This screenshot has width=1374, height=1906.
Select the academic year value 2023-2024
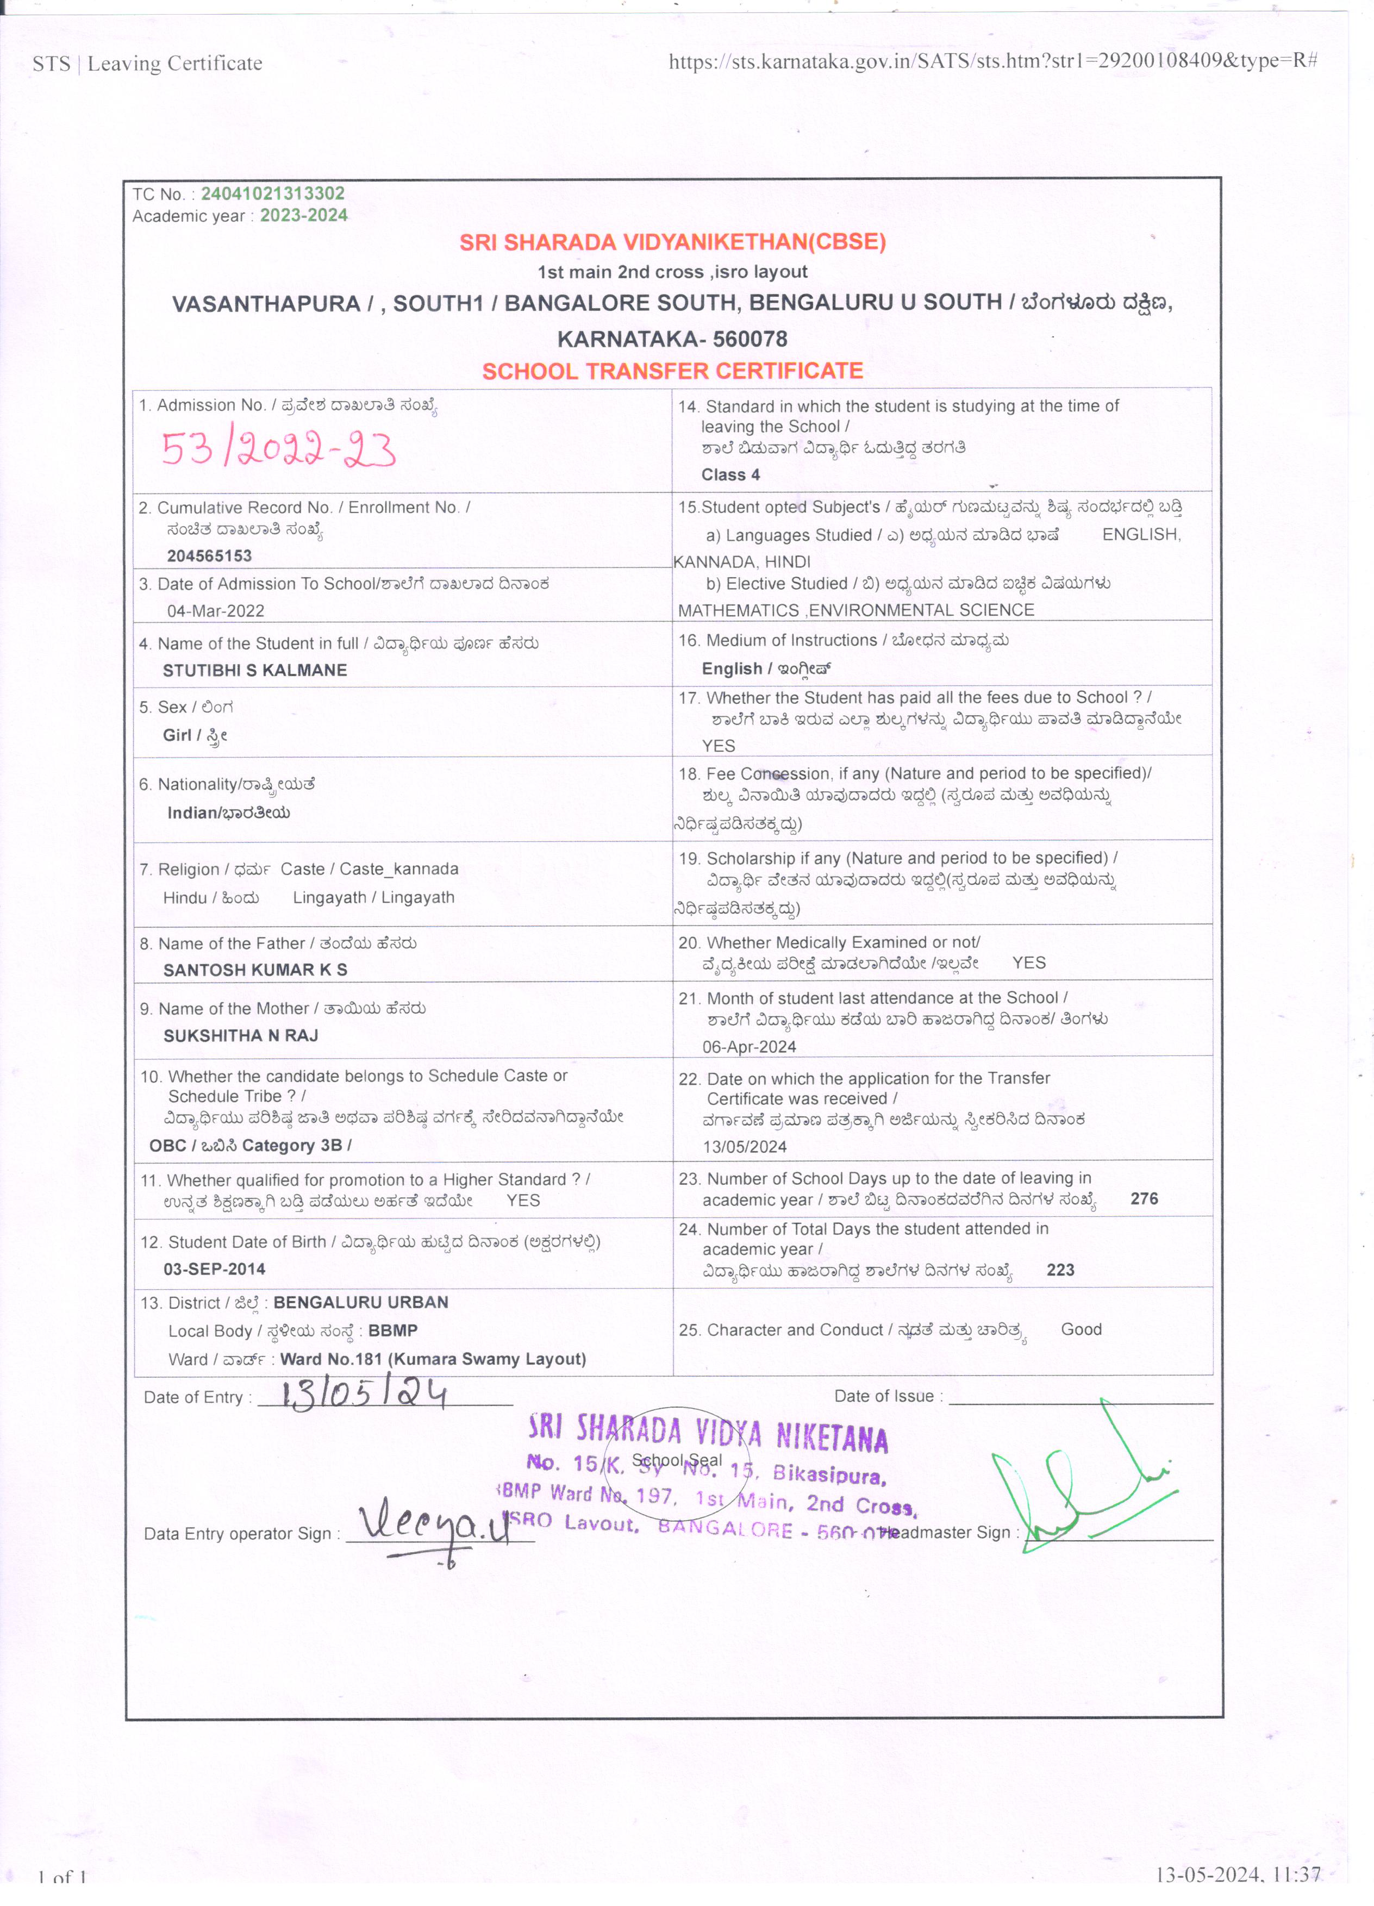point(303,215)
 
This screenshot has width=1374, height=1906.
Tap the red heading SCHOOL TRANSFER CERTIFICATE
point(672,371)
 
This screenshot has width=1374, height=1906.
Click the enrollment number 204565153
point(209,555)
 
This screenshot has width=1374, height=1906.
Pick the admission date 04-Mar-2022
point(215,611)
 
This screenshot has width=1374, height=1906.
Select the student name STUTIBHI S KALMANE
point(254,670)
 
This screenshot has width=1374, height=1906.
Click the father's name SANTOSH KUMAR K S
point(254,969)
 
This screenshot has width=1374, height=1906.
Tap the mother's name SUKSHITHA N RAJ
point(240,1035)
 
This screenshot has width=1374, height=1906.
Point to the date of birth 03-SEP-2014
point(214,1269)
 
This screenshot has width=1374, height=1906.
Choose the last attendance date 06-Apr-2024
point(749,1046)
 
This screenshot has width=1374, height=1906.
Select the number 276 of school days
point(1144,1198)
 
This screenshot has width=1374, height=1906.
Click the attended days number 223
point(1060,1270)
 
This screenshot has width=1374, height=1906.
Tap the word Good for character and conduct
point(1081,1329)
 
